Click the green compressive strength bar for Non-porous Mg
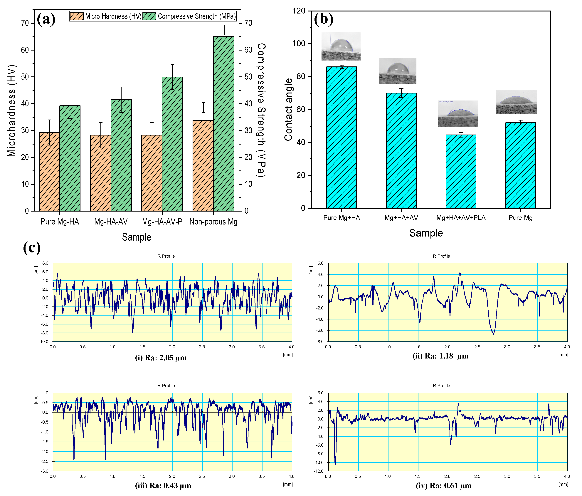point(224,124)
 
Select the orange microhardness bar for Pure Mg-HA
point(49,171)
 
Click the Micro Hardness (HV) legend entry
point(106,16)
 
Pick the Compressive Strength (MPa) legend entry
point(189,16)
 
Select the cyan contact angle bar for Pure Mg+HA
point(341,138)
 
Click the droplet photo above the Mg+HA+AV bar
point(397,71)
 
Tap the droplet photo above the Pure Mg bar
point(516,102)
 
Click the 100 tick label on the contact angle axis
point(299,43)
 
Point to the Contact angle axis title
point(288,110)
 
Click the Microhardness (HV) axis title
point(12,111)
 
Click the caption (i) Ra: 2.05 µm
point(161,358)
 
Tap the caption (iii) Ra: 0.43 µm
point(163,486)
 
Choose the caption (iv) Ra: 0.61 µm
point(443,486)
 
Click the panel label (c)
point(32,248)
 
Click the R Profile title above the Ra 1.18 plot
point(441,256)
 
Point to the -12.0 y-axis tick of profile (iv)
point(320,471)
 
